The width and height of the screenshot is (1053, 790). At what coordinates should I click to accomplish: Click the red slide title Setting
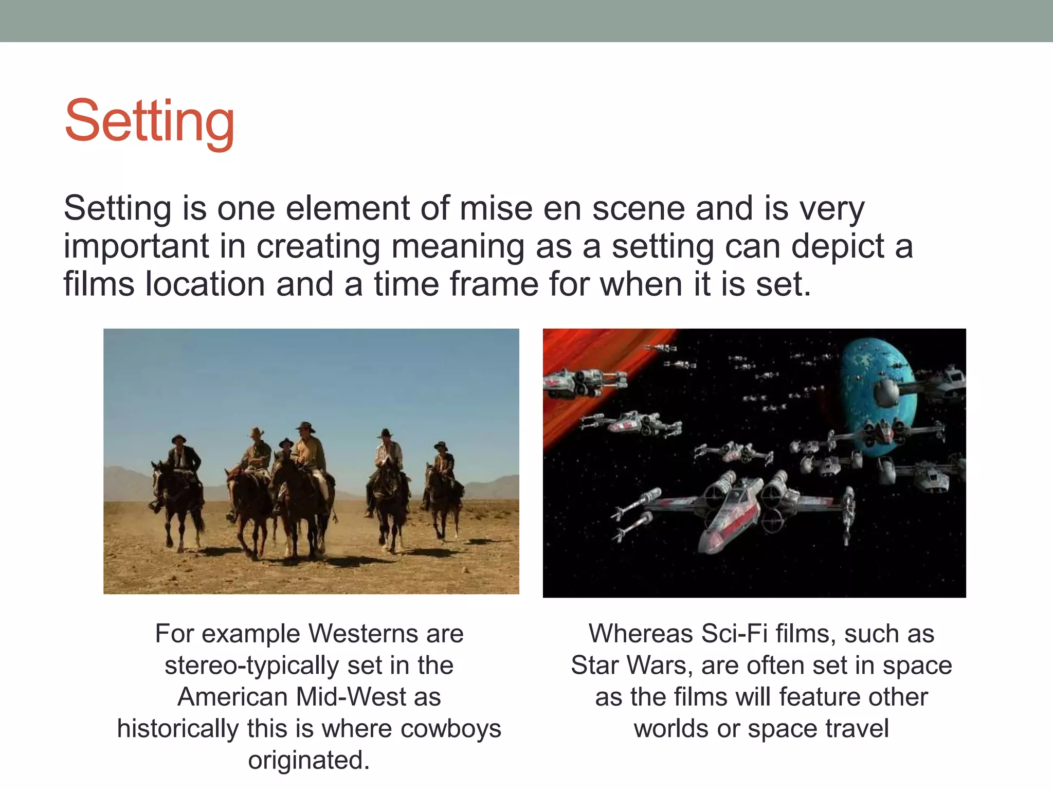[150, 122]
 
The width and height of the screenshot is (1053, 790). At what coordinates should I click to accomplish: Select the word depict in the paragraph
[838, 247]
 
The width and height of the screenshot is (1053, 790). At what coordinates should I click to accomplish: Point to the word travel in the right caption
[857, 729]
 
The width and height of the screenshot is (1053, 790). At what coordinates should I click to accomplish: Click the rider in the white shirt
[389, 453]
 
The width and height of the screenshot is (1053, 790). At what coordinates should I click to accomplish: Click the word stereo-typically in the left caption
[251, 666]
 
